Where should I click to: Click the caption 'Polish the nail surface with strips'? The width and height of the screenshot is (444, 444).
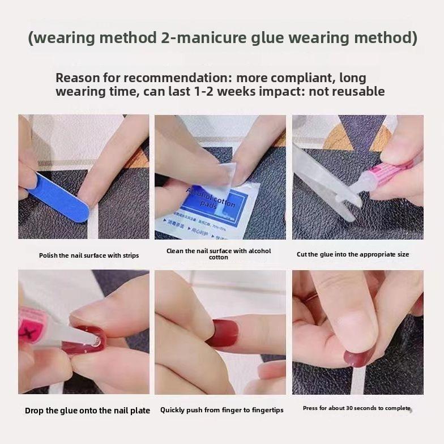[89, 255]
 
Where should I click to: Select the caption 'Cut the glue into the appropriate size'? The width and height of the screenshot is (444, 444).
[352, 254]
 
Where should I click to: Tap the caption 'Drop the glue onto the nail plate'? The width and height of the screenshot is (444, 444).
[87, 411]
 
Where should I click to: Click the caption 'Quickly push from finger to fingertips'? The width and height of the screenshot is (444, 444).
[222, 410]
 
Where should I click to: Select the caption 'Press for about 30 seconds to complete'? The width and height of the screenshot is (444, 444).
[356, 408]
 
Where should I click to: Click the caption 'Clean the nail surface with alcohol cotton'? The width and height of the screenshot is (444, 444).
[219, 254]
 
